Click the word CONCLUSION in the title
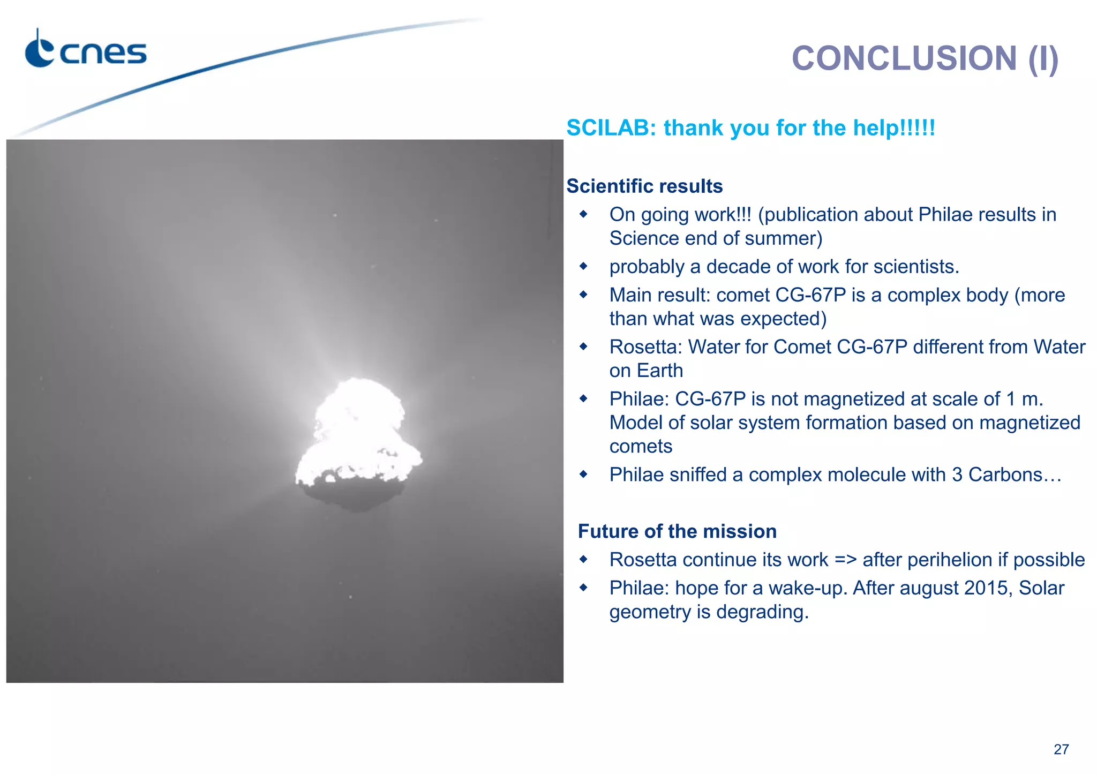(x=904, y=58)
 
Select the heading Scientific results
(x=644, y=186)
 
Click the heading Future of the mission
(x=677, y=531)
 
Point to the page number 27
(x=1061, y=749)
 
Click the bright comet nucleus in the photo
(x=357, y=428)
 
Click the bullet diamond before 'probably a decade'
(x=583, y=266)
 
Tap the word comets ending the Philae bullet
(x=641, y=446)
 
